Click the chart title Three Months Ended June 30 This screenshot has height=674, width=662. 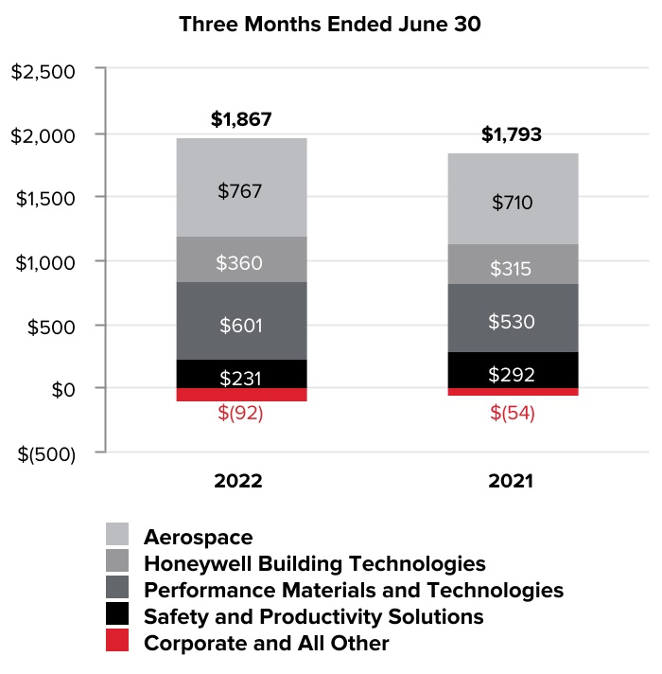pos(330,26)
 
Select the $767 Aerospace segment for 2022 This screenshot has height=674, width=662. pos(240,188)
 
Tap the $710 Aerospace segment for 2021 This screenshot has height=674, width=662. pos(512,200)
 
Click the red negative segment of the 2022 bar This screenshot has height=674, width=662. pos(240,395)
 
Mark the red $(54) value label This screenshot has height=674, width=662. pos(512,414)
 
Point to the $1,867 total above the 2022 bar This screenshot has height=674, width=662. pos(240,120)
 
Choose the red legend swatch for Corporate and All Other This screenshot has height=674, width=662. pos(117,642)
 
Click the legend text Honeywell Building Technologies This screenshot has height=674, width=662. pos(314,564)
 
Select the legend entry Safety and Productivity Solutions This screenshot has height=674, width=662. pos(313,617)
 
